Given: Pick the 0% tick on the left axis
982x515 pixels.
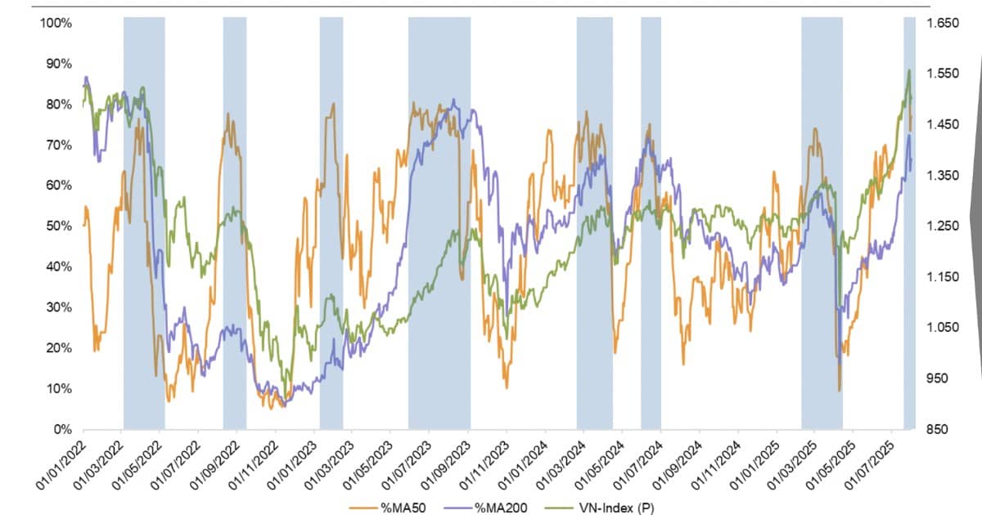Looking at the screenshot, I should pyautogui.click(x=63, y=429).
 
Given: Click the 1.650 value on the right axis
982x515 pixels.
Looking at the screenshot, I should pyautogui.click(x=942, y=23).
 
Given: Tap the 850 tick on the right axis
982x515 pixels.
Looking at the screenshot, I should pyautogui.click(x=938, y=429).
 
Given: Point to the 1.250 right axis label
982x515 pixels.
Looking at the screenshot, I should pyautogui.click(x=942, y=226).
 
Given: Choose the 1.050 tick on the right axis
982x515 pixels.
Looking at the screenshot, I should pyautogui.click(x=942, y=328).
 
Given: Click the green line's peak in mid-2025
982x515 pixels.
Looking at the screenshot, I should pyautogui.click(x=908, y=70).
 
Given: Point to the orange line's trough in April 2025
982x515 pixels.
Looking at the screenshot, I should pyautogui.click(x=840, y=390).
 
